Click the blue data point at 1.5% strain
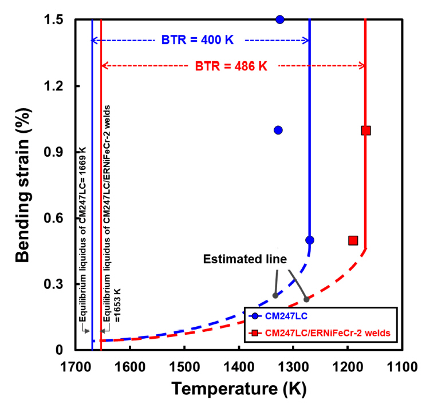pos(280,19)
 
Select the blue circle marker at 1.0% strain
pos(278,130)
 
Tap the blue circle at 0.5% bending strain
pos(310,240)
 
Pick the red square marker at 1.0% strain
pos(366,130)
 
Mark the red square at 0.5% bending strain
pos(353,240)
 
